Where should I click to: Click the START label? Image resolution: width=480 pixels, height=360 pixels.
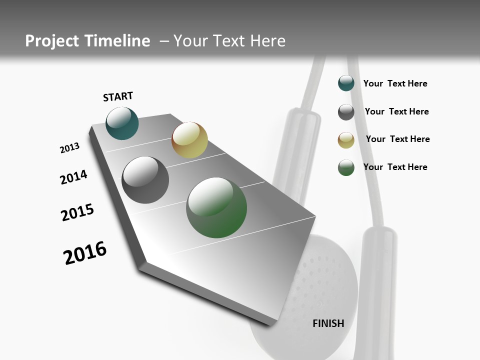click(x=118, y=96)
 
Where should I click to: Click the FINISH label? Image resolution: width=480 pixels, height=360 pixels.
click(x=328, y=323)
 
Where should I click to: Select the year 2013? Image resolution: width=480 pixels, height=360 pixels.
click(x=69, y=148)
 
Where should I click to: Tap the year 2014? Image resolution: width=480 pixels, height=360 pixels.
click(x=73, y=177)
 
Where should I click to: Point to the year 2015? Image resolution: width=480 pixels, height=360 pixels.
click(x=77, y=212)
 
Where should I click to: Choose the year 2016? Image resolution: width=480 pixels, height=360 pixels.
click(x=85, y=253)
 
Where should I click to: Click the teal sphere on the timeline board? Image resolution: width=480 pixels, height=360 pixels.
click(x=122, y=123)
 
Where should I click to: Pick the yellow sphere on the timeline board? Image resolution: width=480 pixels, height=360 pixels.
click(x=189, y=140)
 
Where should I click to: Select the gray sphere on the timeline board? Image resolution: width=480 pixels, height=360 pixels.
click(x=145, y=180)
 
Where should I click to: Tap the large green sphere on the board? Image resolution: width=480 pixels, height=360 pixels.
click(x=216, y=207)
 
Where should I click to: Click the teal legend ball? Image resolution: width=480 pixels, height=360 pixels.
click(x=346, y=83)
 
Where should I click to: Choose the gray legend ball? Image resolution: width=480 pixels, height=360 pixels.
click(x=346, y=112)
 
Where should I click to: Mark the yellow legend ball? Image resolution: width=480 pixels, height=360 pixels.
click(x=346, y=140)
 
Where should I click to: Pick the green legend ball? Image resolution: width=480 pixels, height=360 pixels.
click(x=346, y=167)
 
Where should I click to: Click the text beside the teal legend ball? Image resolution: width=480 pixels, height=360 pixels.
click(x=395, y=84)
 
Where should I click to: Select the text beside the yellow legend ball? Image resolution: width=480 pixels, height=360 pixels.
click(x=397, y=139)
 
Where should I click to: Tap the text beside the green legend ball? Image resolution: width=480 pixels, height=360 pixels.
click(x=395, y=167)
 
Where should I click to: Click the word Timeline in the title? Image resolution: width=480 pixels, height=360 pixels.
click(x=117, y=41)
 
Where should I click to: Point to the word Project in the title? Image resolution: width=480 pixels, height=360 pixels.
click(x=52, y=41)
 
